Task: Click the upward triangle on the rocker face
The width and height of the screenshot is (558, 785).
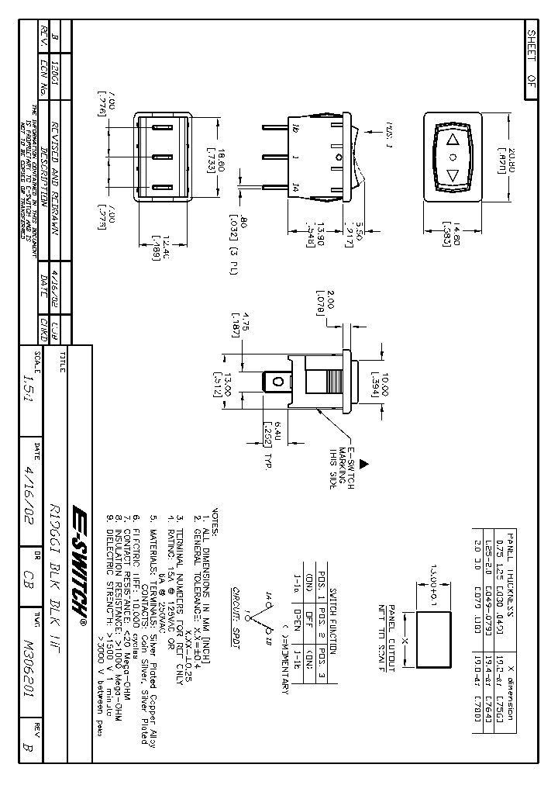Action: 453,140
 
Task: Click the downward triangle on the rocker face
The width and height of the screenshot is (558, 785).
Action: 453,175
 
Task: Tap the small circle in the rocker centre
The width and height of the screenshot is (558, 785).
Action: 453,157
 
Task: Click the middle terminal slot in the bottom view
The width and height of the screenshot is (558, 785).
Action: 163,157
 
